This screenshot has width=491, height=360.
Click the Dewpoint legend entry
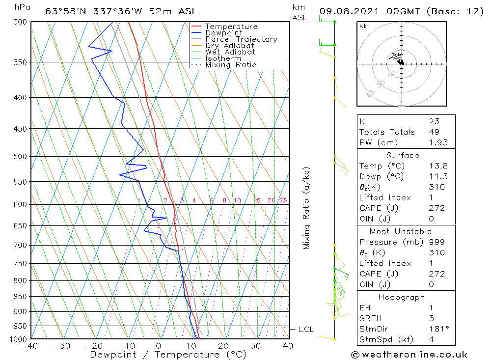pyautogui.click(x=223, y=33)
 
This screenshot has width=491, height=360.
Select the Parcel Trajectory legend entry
pyautogui.click(x=241, y=39)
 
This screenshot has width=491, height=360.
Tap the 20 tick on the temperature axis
pyautogui.click(x=224, y=346)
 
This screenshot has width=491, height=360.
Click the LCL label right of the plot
pyautogui.click(x=306, y=330)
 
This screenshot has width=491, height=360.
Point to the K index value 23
pyautogui.click(x=434, y=121)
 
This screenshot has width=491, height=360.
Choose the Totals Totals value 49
pyautogui.click(x=434, y=132)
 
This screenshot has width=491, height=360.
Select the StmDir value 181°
pyautogui.click(x=437, y=329)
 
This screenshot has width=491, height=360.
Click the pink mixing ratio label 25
pyautogui.click(x=283, y=200)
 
